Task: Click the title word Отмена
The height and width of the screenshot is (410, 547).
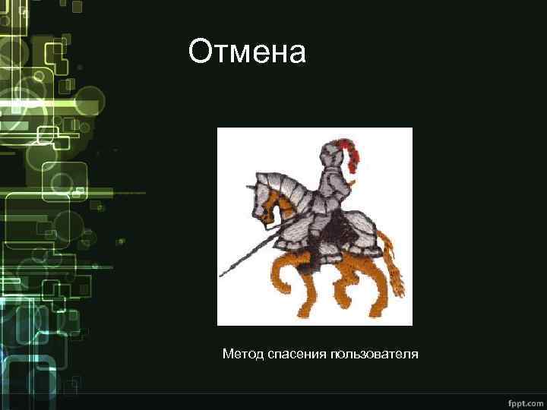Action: [248, 52]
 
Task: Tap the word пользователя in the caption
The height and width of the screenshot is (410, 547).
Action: [373, 355]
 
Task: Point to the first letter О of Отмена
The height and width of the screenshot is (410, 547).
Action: [198, 52]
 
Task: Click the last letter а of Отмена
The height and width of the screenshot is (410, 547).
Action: [298, 53]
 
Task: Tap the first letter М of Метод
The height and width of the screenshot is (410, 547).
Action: [227, 355]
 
